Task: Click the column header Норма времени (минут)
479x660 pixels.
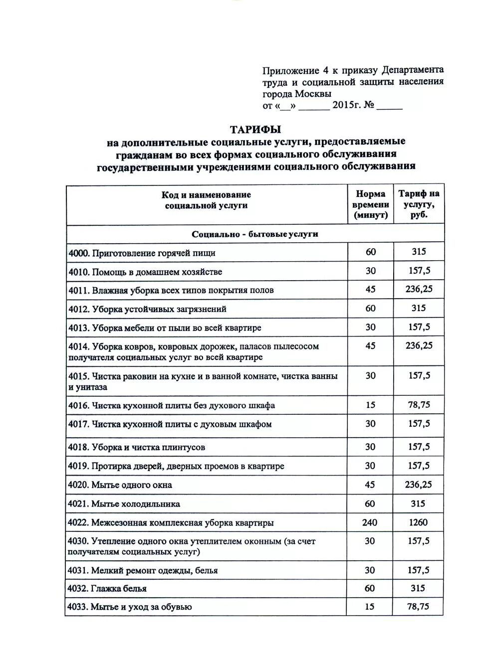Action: point(370,205)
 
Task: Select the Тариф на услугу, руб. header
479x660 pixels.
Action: point(419,204)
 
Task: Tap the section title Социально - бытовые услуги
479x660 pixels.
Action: point(255,234)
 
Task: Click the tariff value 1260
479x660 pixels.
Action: point(418,522)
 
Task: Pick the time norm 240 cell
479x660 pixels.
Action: point(370,522)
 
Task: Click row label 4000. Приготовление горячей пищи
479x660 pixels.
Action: point(142,253)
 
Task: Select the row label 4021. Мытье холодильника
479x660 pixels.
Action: point(124,504)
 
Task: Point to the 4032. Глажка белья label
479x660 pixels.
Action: point(107,589)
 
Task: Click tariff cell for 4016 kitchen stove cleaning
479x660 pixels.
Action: point(419,405)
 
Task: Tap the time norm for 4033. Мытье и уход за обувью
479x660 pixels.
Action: point(370,607)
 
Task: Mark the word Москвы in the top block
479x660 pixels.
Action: point(313,94)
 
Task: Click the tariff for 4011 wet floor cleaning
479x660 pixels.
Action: point(419,289)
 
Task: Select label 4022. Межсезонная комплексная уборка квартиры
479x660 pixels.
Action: point(171,523)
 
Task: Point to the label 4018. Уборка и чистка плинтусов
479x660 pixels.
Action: point(137,447)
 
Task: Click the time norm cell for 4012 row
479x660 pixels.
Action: point(370,309)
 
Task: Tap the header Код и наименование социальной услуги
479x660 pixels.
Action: point(206,200)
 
